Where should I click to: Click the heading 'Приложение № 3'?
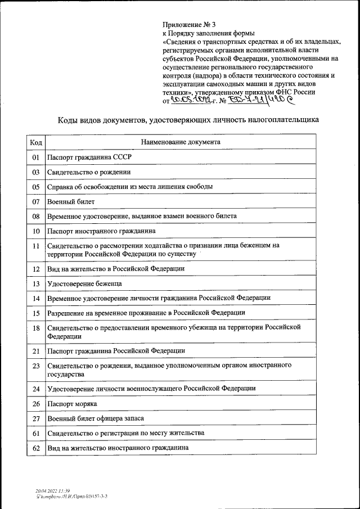(x=188, y=25)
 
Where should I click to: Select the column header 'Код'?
(x=35, y=142)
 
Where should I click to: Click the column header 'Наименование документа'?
(x=181, y=142)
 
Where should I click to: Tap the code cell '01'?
(x=35, y=157)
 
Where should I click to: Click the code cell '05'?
(x=35, y=187)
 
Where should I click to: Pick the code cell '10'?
(x=35, y=231)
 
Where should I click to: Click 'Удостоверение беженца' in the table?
(x=85, y=283)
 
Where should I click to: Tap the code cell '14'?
(x=35, y=298)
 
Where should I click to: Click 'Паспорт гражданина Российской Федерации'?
(x=116, y=351)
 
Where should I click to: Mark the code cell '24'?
(x=35, y=389)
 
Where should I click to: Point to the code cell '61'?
(x=35, y=433)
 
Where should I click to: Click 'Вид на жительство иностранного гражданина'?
(x=118, y=448)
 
